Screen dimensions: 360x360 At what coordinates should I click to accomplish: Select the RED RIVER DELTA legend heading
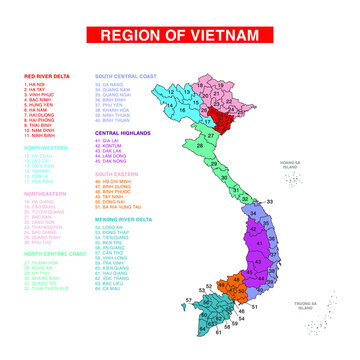[46, 75]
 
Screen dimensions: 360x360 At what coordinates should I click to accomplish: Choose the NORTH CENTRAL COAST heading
[51, 254]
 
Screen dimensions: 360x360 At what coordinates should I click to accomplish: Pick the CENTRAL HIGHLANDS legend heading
[122, 132]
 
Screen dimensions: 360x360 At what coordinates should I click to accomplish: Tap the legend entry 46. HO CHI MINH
[119, 181]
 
